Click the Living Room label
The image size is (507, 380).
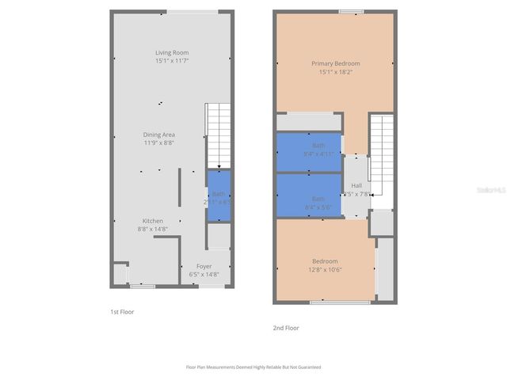click(171, 53)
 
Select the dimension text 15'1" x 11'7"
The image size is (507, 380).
click(171, 62)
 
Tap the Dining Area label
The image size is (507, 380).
click(158, 135)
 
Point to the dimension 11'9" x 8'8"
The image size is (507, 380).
click(158, 143)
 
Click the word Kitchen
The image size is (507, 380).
click(153, 220)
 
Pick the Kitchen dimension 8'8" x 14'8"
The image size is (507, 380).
click(153, 229)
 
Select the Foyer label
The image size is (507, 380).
click(204, 266)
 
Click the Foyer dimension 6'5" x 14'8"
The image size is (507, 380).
click(204, 275)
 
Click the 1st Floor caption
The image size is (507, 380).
click(122, 312)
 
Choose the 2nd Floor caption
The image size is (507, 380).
click(286, 328)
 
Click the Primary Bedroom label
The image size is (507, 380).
click(335, 63)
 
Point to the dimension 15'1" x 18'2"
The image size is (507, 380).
click(335, 72)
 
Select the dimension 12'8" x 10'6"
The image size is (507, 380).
click(325, 269)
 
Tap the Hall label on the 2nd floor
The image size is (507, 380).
click(356, 185)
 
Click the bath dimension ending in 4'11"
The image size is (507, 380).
click(318, 154)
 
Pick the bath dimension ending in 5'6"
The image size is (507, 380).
click(318, 207)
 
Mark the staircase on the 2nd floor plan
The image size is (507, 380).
click(382, 158)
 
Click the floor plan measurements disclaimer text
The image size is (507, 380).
click(253, 367)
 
